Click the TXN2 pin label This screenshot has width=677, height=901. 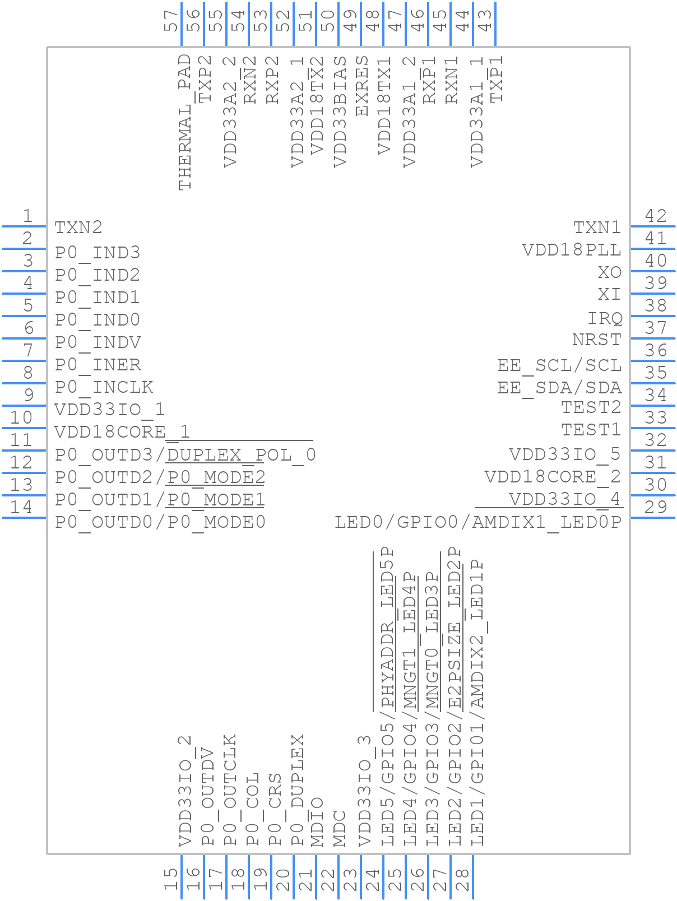point(78,227)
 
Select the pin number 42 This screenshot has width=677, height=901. point(656,216)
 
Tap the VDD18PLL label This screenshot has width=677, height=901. point(572,250)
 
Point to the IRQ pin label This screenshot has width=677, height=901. point(605,318)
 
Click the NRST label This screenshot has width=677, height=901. point(597,340)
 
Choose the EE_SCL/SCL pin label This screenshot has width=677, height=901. point(559,365)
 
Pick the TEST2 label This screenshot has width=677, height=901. point(591,407)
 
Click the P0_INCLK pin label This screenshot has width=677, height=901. point(104,387)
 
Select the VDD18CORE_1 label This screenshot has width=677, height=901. point(122,432)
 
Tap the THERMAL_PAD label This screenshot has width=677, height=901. point(184,122)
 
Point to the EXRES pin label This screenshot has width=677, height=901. point(363,86)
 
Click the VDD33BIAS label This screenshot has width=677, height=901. point(340,111)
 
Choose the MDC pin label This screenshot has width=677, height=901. point(340,828)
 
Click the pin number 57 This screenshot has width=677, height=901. point(171,22)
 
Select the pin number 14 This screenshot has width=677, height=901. point(22,507)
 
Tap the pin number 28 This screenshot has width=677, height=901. point(462,879)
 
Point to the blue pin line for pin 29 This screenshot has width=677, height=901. point(653,518)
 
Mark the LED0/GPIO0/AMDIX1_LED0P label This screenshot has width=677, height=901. point(478,522)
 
